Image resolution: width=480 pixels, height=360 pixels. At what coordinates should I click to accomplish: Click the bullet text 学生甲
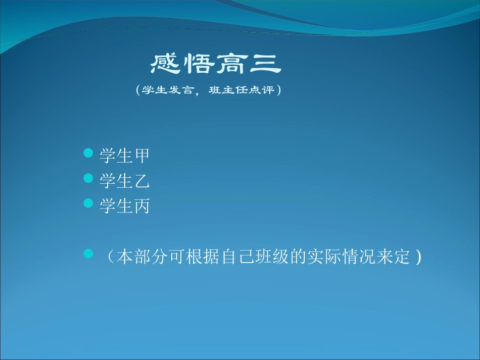click(x=124, y=156)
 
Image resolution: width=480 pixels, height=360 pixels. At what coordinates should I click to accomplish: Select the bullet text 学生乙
click(x=124, y=181)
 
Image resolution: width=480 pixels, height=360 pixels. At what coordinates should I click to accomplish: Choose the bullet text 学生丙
click(x=124, y=206)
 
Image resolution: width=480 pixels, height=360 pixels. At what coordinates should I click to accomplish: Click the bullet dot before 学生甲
click(x=88, y=152)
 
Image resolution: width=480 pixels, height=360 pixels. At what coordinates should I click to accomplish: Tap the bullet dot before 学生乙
click(x=88, y=178)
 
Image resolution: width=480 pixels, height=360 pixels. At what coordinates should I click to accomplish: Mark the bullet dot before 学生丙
click(x=88, y=203)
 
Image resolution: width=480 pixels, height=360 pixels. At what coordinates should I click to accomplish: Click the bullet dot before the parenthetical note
click(x=88, y=254)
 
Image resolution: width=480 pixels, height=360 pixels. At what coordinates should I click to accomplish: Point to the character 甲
click(x=141, y=156)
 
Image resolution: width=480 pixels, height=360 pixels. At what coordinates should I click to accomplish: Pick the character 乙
click(x=141, y=181)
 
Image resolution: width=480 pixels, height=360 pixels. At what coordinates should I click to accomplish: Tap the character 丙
click(x=141, y=206)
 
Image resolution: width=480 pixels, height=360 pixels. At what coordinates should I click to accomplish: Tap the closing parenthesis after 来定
click(x=418, y=258)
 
